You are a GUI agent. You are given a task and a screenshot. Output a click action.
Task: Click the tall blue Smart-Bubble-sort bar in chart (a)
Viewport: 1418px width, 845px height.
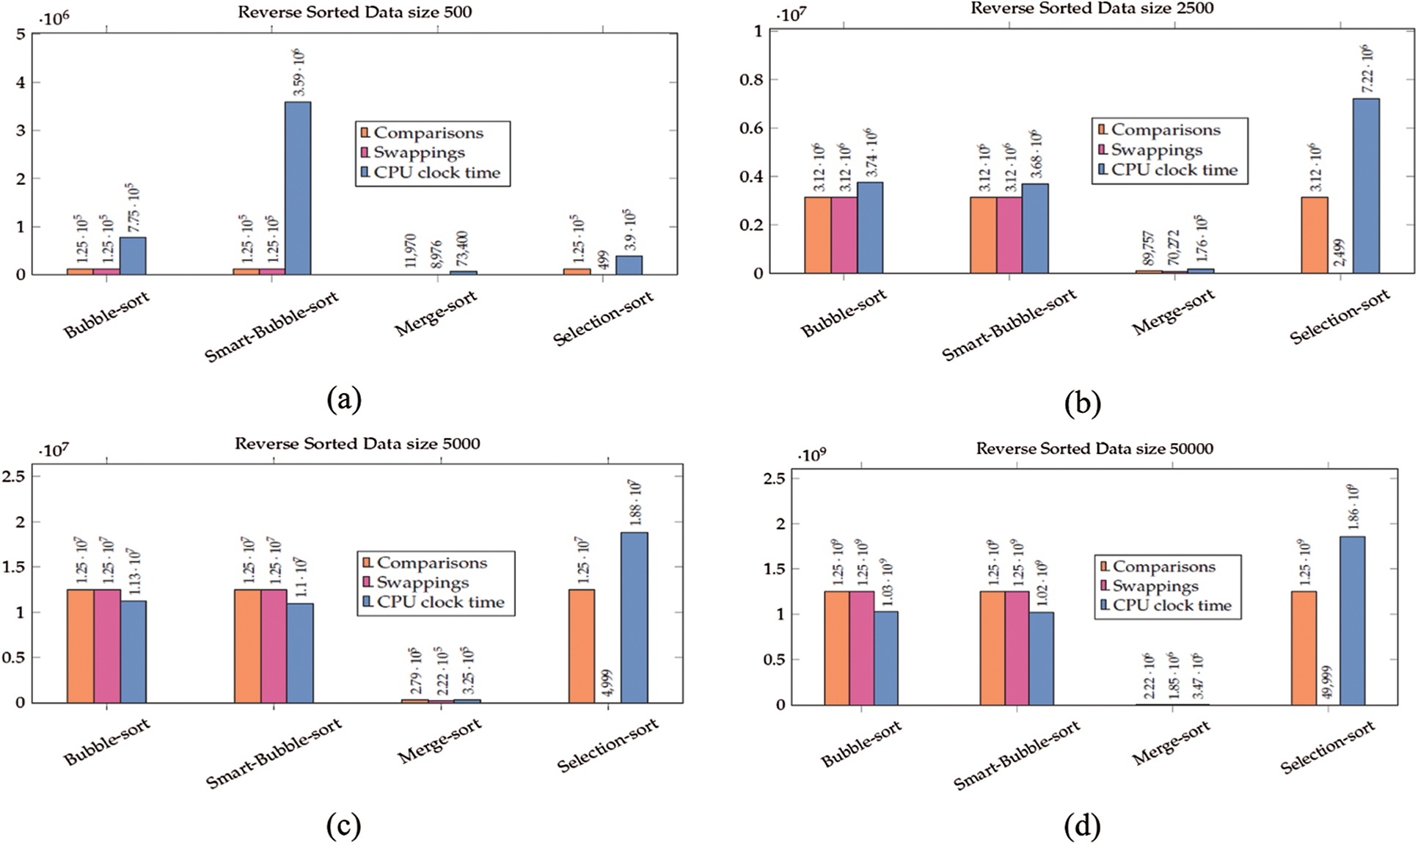(297, 189)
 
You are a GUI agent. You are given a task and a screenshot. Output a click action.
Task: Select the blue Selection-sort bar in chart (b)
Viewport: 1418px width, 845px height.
(1365, 186)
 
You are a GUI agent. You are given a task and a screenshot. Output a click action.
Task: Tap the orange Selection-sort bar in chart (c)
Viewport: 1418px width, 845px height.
(581, 646)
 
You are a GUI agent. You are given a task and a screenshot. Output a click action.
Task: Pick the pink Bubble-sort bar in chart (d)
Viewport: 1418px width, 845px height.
(861, 648)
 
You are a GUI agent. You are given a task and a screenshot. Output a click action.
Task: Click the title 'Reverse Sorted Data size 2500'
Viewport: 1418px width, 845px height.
(1092, 9)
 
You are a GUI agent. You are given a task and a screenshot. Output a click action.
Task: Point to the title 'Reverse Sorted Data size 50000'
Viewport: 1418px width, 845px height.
(1094, 448)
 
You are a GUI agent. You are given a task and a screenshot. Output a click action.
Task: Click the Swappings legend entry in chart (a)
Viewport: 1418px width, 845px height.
(418, 153)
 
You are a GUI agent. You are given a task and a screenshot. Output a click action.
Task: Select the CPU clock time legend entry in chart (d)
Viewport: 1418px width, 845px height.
(1171, 606)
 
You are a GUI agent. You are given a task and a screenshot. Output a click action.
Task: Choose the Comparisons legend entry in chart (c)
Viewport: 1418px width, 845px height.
(431, 563)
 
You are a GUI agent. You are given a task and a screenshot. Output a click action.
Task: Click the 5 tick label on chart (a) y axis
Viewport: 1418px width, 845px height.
(21, 34)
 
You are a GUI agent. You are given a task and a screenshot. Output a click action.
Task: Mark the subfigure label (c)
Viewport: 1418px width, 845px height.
(343, 827)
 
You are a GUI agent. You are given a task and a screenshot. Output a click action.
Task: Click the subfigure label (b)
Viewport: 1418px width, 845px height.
(1082, 403)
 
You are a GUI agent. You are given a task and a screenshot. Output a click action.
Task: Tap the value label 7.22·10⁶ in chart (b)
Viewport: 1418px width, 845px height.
(1367, 70)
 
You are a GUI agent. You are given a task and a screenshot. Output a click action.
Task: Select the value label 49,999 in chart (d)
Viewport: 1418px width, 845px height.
(1327, 683)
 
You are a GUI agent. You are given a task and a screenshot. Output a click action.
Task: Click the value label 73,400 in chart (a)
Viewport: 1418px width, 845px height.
(463, 249)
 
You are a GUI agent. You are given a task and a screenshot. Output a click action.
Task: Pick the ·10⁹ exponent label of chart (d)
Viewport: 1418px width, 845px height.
(811, 456)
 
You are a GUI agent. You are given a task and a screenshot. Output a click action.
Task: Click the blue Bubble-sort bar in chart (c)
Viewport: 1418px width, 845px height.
(134, 651)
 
